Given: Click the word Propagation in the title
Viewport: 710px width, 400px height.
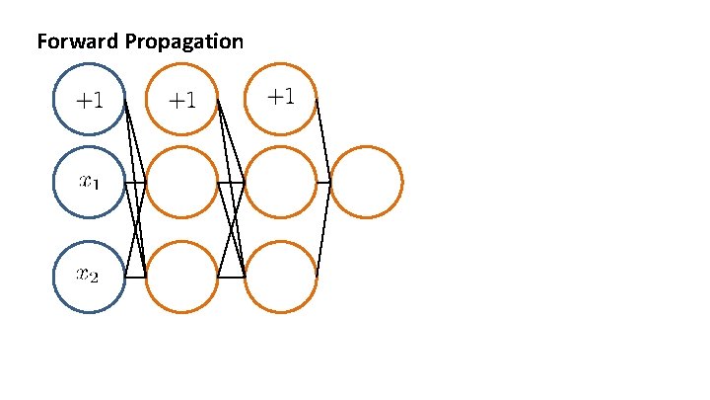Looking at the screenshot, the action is pyautogui.click(x=184, y=41).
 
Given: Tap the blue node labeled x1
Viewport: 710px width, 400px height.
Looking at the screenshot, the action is pyautogui.click(x=89, y=182).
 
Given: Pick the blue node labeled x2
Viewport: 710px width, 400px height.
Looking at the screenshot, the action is pyautogui.click(x=89, y=277).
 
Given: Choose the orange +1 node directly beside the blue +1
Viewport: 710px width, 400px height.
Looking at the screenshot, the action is pyautogui.click(x=181, y=98).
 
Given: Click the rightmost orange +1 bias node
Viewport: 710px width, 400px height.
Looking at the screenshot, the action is pyautogui.click(x=281, y=97).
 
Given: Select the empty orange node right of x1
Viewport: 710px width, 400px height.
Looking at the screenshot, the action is pyautogui.click(x=181, y=182).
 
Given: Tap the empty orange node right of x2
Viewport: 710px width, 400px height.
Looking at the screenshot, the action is pyautogui.click(x=181, y=277).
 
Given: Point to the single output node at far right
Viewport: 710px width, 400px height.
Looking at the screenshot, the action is pyautogui.click(x=366, y=182).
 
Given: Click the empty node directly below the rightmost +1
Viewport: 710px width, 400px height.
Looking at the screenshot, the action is pyautogui.click(x=281, y=182).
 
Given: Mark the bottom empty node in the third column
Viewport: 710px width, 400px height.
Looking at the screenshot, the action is pyautogui.click(x=281, y=277).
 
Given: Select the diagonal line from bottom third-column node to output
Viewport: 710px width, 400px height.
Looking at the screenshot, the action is pyautogui.click(x=323, y=229).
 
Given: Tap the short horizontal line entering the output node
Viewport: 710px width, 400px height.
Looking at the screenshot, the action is pyautogui.click(x=323, y=182).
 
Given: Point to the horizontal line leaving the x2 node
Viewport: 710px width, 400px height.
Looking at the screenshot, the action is pyautogui.click(x=135, y=278).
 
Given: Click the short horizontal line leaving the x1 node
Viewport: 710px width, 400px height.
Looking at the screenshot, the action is pyautogui.click(x=135, y=182).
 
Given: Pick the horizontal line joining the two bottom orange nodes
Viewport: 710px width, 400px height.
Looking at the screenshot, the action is pyautogui.click(x=231, y=278).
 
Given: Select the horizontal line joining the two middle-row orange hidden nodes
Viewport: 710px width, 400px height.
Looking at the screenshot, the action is pyautogui.click(x=231, y=182).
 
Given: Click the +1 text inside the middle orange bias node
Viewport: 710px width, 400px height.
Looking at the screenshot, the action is pyautogui.click(x=181, y=99).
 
